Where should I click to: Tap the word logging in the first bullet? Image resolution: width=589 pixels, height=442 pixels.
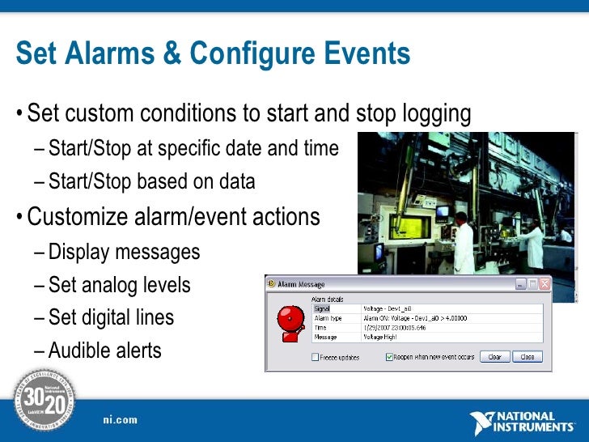click(x=430, y=114)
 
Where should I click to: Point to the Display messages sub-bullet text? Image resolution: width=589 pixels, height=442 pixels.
click(x=124, y=252)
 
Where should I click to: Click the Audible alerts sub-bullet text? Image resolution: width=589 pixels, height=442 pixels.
click(x=104, y=351)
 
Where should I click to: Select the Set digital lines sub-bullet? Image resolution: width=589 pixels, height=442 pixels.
click(x=111, y=317)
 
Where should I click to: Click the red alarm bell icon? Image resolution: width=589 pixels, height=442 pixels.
click(x=289, y=322)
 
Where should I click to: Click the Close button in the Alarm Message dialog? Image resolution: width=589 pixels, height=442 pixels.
click(x=528, y=357)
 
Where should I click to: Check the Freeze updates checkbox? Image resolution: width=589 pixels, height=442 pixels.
click(x=316, y=357)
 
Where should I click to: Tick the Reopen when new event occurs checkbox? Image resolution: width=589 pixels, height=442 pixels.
click(x=389, y=357)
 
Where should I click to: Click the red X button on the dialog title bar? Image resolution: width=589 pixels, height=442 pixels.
click(x=545, y=284)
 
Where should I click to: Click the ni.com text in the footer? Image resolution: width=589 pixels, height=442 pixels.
click(x=120, y=419)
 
